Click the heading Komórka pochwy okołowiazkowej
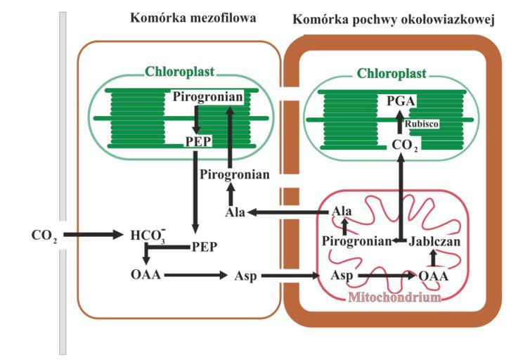pyautogui.click(x=394, y=20)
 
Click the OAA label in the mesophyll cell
pyautogui.click(x=146, y=274)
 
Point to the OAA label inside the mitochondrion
pyautogui.click(x=434, y=276)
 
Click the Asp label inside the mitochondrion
pyautogui.click(x=342, y=275)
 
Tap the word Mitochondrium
pyautogui.click(x=394, y=297)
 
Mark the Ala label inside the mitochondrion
pyautogui.click(x=342, y=211)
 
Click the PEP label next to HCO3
pyautogui.click(x=205, y=246)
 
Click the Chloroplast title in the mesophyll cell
pyautogui.click(x=180, y=72)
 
